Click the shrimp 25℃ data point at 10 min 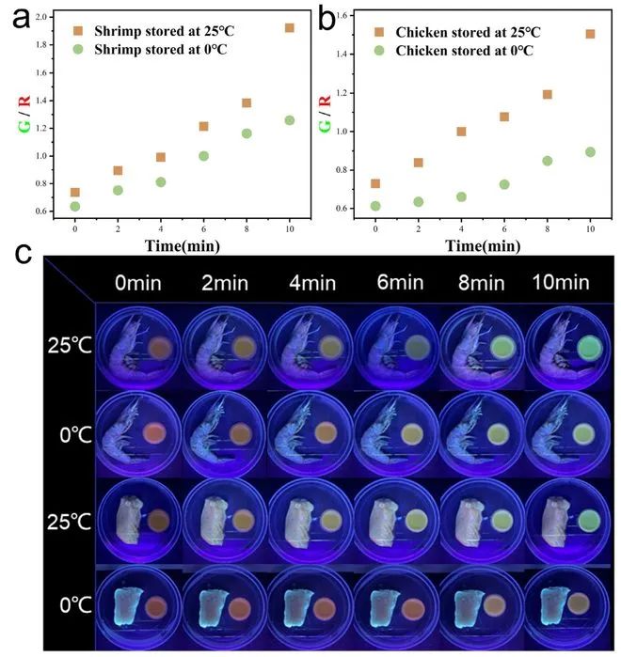(289, 28)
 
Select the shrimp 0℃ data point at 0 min (75, 206)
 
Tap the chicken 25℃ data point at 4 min (461, 132)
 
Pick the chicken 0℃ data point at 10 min (590, 151)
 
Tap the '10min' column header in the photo (562, 282)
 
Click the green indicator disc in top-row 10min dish (590, 349)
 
